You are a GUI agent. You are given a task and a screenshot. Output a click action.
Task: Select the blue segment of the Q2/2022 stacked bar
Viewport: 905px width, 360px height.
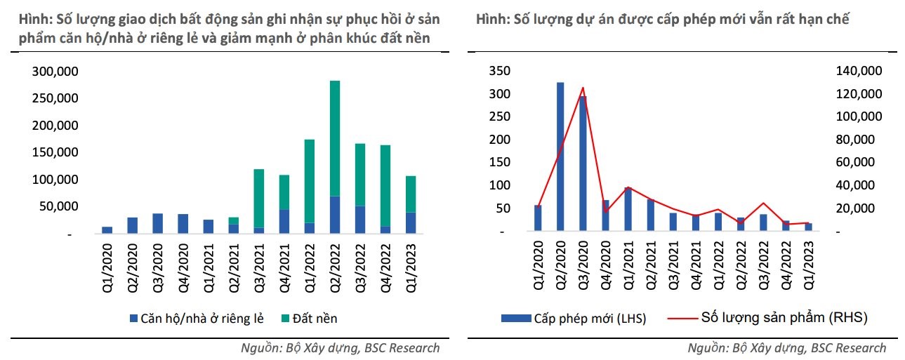click(x=335, y=215)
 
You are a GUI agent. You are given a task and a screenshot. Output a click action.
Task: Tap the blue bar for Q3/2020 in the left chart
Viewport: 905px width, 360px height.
click(x=158, y=224)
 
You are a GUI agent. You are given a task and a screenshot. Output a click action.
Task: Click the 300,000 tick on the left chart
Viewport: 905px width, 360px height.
click(x=55, y=72)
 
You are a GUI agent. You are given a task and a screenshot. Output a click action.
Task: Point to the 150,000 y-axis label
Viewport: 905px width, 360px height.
click(x=55, y=153)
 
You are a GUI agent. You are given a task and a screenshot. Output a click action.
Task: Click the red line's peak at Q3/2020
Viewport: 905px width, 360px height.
click(x=583, y=88)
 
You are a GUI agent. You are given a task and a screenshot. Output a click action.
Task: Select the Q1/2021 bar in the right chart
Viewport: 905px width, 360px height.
click(x=628, y=209)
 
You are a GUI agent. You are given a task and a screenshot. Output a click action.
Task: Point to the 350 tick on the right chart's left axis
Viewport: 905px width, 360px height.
click(x=501, y=72)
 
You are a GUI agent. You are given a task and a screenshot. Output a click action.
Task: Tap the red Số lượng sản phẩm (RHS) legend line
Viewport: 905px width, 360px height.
click(x=680, y=318)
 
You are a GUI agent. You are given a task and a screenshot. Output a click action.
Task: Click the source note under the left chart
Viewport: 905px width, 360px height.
click(x=341, y=347)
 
